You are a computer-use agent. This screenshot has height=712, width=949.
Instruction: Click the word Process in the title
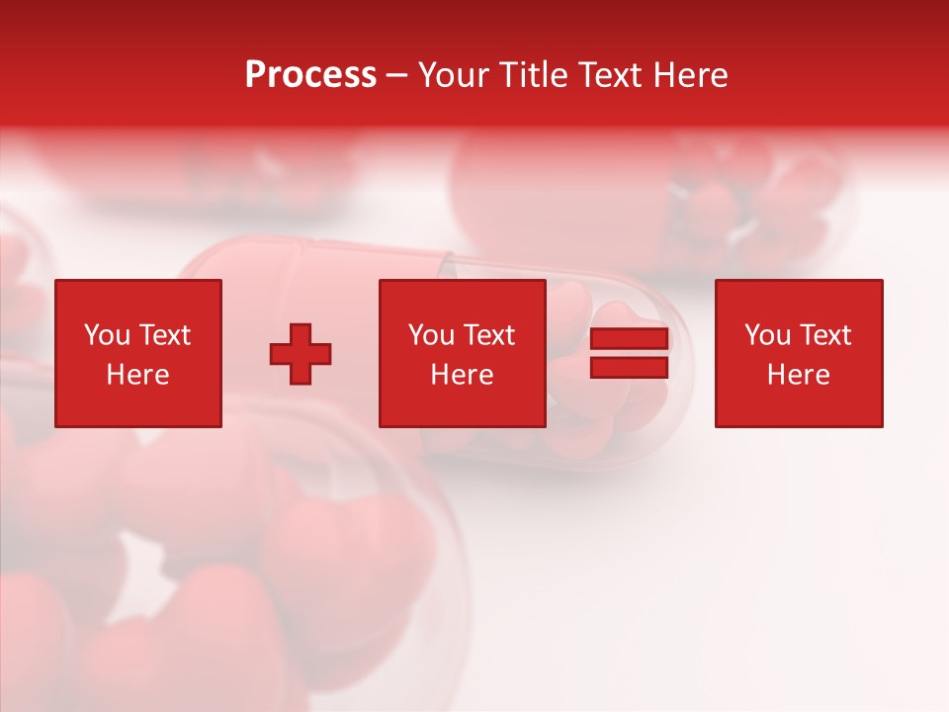coord(310,75)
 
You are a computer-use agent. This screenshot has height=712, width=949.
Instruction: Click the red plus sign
coord(301,353)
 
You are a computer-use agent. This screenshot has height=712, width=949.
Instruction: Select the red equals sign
coord(629,353)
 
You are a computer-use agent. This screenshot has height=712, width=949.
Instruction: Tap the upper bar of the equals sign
coord(629,339)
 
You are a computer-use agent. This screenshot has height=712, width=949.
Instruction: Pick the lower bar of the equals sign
coord(629,367)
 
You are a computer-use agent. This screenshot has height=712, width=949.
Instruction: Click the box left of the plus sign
coord(138,353)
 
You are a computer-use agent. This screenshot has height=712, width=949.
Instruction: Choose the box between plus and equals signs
coord(462,353)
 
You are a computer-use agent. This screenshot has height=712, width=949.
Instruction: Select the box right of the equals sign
coord(798,353)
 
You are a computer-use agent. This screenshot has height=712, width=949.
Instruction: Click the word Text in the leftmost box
coord(164,335)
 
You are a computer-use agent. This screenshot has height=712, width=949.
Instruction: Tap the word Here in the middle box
coord(462,375)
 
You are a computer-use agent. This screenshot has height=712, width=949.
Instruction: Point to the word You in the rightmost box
coord(768,335)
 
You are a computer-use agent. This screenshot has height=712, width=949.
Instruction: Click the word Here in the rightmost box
coord(798,375)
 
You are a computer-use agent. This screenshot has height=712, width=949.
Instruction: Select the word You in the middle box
coord(432,335)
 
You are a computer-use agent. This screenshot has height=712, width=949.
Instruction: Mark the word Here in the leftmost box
coord(137,375)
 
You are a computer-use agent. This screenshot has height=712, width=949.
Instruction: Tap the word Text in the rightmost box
coord(825,335)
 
